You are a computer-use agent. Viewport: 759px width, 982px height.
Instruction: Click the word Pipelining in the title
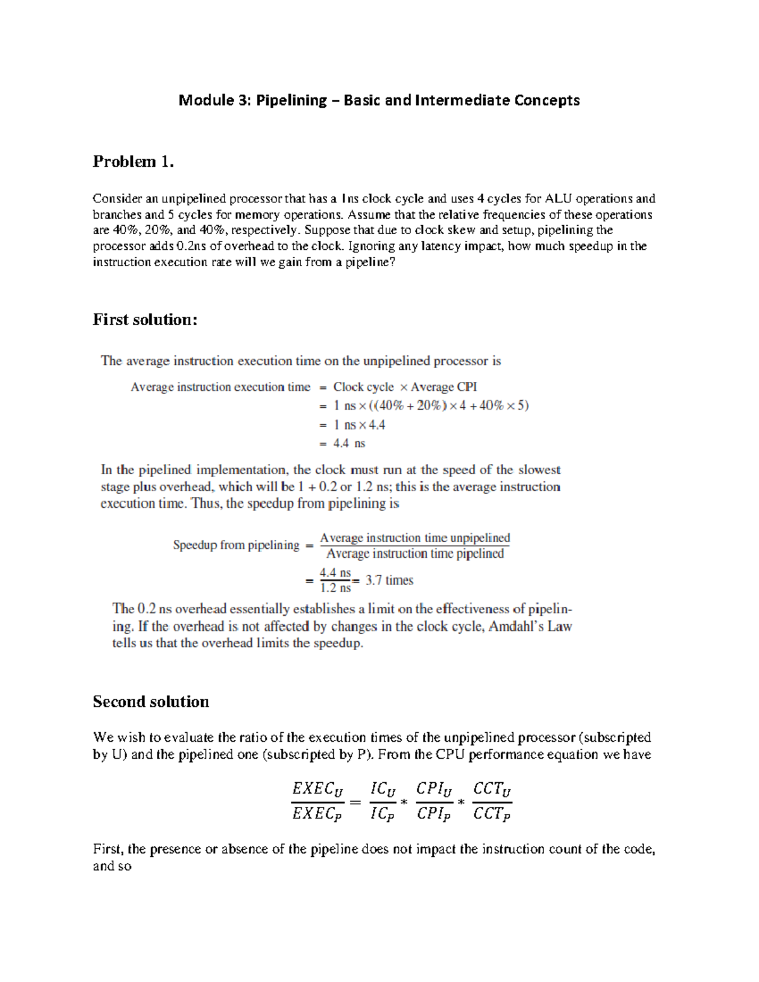[291, 101]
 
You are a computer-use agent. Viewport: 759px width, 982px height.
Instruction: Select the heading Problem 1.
[133, 162]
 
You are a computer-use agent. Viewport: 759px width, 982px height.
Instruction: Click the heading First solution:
[145, 320]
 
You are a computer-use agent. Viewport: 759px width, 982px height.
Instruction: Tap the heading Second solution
[151, 702]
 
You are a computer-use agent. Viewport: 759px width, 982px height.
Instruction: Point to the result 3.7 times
[389, 580]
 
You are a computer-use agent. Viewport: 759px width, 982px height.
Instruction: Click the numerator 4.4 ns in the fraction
[335, 573]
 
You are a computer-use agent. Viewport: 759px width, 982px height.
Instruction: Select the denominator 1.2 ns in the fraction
[335, 588]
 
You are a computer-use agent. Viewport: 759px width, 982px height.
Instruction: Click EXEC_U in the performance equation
[318, 790]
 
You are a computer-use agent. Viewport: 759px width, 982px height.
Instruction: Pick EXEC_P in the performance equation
[318, 814]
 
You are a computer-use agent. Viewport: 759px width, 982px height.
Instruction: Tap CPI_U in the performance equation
[435, 790]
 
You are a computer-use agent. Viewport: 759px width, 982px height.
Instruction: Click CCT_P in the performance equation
[492, 814]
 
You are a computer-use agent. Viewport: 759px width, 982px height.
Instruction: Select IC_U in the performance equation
[383, 790]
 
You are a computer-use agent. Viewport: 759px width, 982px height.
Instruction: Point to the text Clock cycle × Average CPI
[405, 387]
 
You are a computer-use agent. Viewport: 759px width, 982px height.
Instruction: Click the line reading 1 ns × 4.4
[359, 425]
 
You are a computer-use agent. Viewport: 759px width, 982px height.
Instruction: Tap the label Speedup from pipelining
[236, 545]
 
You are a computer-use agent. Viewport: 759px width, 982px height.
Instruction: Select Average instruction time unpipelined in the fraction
[415, 538]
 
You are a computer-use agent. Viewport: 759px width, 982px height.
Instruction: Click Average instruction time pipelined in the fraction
[415, 554]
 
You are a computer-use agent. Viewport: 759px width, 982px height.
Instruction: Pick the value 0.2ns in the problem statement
[187, 246]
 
